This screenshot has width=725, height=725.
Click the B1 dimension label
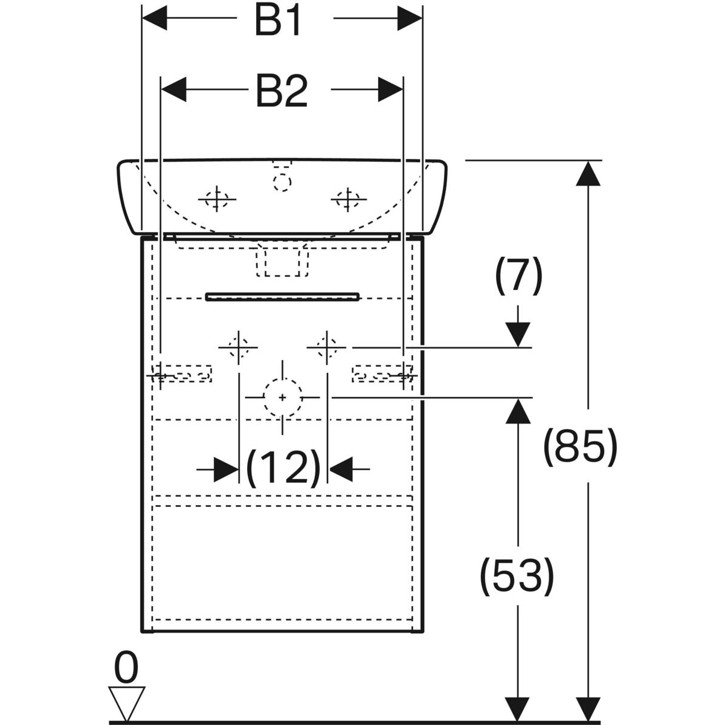[x=277, y=21]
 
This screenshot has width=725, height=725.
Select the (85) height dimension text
[x=580, y=447]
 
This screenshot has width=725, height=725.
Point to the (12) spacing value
[x=283, y=468]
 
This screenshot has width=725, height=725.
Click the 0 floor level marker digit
[x=126, y=668]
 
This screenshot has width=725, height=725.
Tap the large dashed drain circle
[x=282, y=397]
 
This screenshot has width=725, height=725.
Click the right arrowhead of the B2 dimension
[x=390, y=90]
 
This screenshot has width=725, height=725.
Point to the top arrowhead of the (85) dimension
[x=588, y=173]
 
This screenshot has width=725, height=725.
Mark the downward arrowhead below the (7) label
[x=518, y=334]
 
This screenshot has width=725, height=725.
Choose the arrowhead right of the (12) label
[x=340, y=468]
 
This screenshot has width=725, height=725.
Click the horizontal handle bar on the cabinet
[x=282, y=296]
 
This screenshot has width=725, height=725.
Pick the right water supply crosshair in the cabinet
[x=326, y=347]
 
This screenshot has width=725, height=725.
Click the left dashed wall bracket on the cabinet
[x=181, y=373]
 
